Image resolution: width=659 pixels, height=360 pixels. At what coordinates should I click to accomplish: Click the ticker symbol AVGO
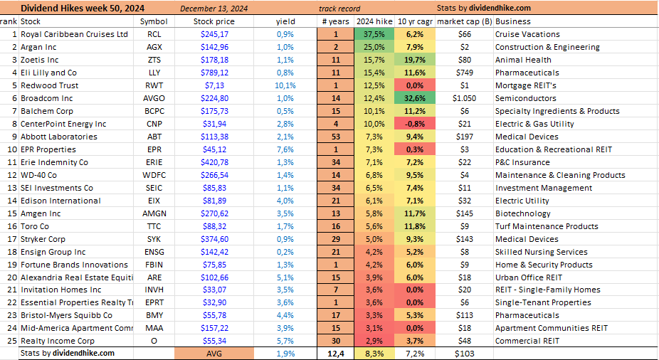(154, 98)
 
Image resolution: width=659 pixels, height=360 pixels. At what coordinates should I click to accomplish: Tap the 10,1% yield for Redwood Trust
(285, 85)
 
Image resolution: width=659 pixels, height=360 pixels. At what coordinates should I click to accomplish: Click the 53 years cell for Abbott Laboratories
(335, 137)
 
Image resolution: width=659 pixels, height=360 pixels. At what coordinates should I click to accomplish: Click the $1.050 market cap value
(463, 98)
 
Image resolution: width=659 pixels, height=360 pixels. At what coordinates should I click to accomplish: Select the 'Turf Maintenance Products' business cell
(547, 226)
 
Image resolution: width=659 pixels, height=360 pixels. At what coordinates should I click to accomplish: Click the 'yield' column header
(285, 21)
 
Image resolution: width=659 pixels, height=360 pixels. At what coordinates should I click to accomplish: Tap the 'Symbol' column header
(154, 21)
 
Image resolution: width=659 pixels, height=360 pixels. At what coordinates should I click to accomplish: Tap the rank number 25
(10, 341)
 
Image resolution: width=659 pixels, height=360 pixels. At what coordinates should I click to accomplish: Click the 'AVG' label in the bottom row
(214, 354)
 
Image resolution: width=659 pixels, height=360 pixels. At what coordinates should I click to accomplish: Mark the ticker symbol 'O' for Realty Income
(154, 341)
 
